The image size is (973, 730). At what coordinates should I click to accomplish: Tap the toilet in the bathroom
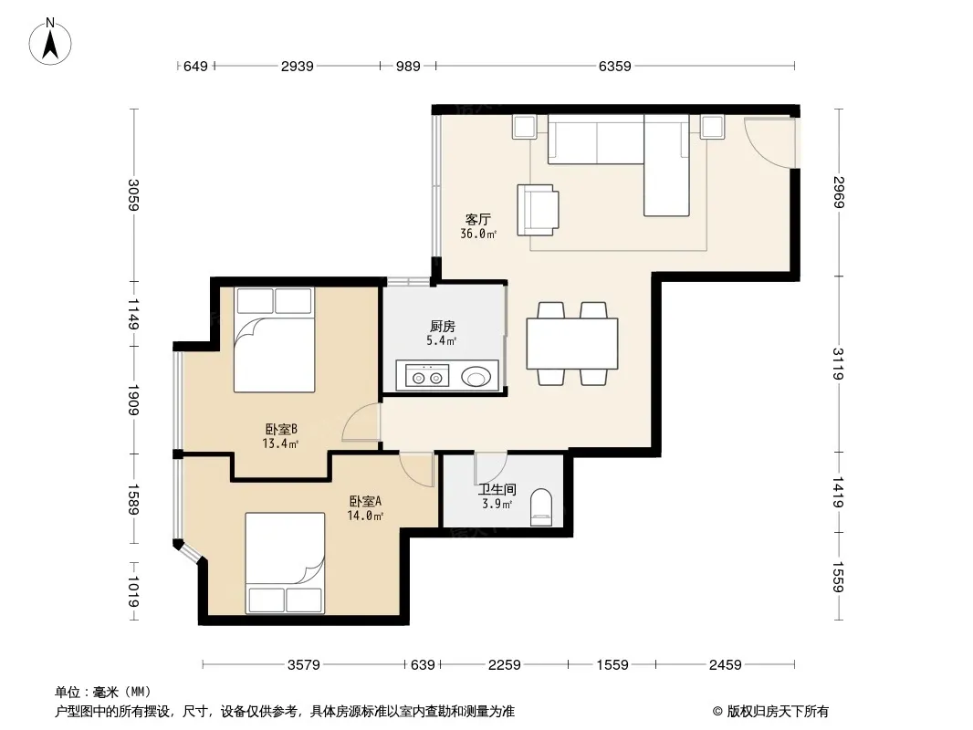541,506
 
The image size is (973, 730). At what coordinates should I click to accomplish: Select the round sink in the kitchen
476,376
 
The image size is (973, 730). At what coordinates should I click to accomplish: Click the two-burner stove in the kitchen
427,376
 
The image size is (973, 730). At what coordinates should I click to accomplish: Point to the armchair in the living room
538,210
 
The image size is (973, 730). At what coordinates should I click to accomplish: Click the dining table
572,344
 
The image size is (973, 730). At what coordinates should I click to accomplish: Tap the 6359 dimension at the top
614,66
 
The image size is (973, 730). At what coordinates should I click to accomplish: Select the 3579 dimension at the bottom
303,665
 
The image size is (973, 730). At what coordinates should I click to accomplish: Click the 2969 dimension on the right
838,193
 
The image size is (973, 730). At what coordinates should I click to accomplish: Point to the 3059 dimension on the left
133,194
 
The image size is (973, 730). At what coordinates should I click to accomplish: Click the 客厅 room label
477,219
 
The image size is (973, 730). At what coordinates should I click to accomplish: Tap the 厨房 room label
443,327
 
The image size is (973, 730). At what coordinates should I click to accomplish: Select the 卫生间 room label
497,489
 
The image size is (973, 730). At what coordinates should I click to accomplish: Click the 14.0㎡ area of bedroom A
365,516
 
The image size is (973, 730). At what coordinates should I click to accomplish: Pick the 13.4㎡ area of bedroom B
280,443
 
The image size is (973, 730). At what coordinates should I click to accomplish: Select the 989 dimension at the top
408,66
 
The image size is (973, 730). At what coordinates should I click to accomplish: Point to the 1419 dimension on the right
838,492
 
